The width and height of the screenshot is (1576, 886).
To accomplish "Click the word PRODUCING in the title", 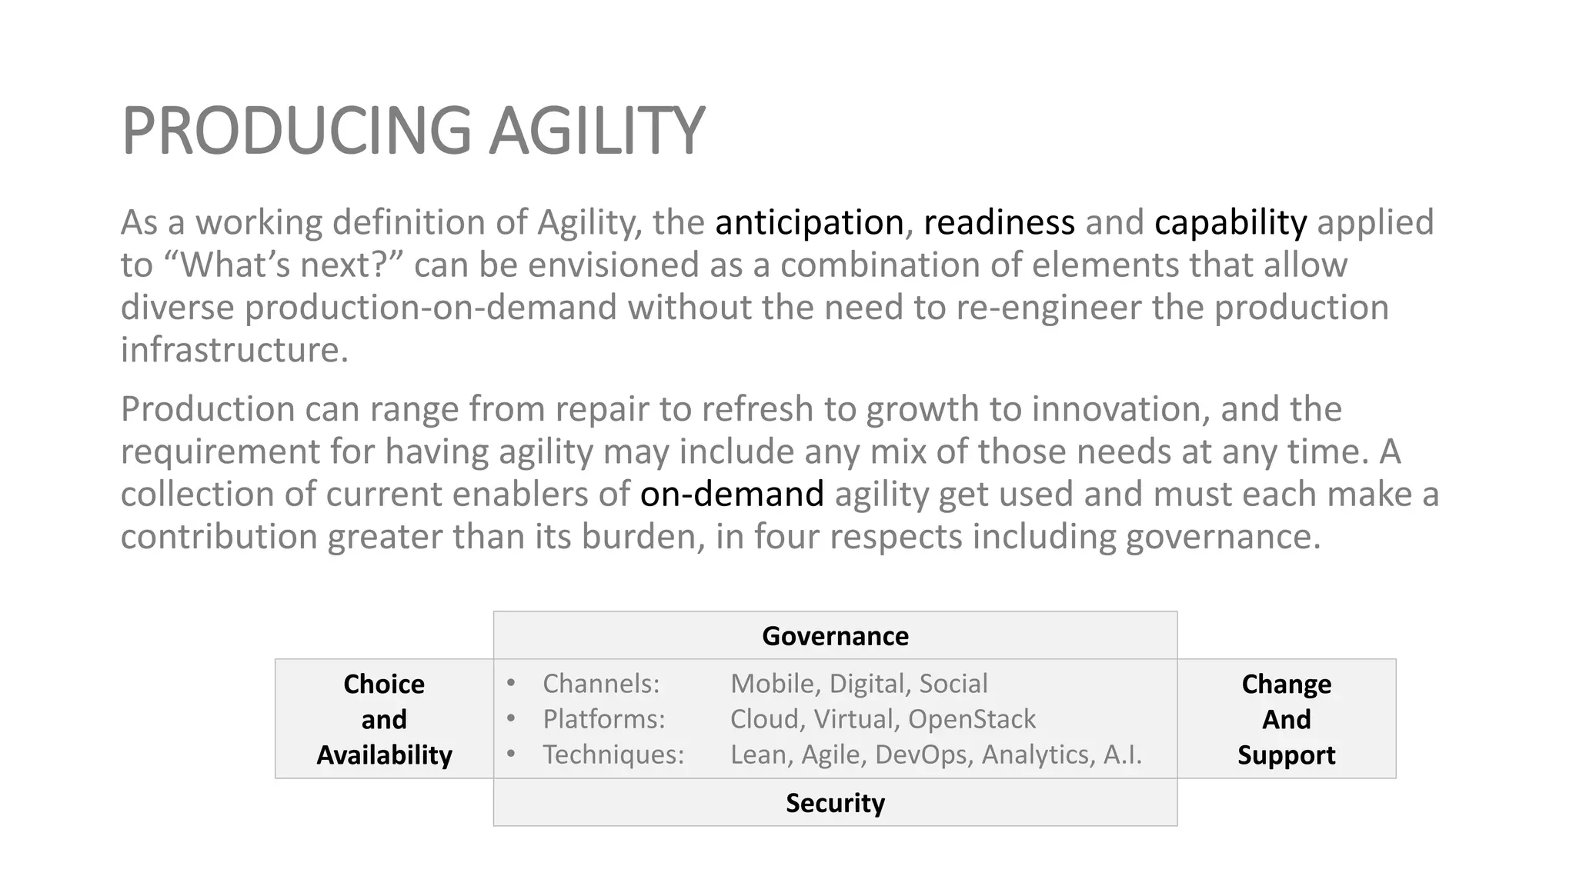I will [x=296, y=131].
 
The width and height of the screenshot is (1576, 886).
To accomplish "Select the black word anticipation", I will [x=809, y=223].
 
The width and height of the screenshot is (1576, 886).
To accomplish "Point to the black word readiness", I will [x=999, y=223].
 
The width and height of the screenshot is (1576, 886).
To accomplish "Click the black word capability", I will [x=1230, y=223].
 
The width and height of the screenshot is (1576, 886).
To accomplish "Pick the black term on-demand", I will [x=732, y=494].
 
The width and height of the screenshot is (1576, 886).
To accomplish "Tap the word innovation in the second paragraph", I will [x=1116, y=409].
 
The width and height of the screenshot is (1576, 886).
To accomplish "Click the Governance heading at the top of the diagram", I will [x=835, y=636].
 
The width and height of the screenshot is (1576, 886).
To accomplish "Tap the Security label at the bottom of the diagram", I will [x=835, y=803].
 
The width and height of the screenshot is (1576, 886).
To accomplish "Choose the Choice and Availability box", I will [x=384, y=719].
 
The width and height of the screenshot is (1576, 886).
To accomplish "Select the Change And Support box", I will [x=1286, y=719].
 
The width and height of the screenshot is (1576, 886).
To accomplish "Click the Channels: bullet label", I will [x=601, y=684].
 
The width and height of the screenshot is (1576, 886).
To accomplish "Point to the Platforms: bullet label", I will [x=604, y=719].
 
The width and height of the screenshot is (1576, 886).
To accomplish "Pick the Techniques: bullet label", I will [x=613, y=754].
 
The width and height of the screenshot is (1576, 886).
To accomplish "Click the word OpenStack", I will [x=971, y=719].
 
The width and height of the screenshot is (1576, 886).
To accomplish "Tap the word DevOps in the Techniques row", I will [x=923, y=754].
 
